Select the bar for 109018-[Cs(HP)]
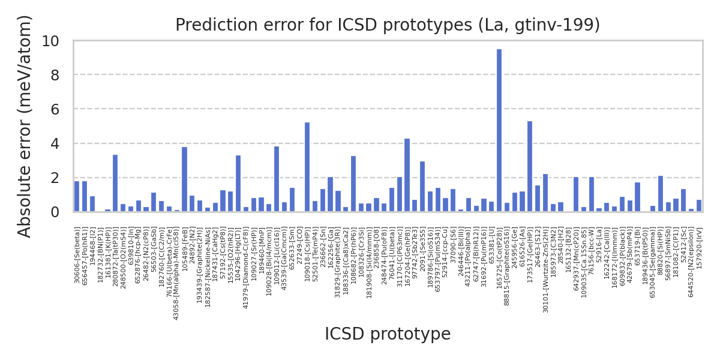(x=307, y=167)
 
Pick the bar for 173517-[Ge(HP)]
(x=530, y=167)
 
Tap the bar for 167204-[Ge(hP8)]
(x=407, y=175)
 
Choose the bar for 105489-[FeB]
(x=184, y=179)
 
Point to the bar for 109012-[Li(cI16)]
(x=277, y=179)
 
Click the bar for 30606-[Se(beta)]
(x=77, y=197)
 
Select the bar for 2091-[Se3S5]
(x=422, y=187)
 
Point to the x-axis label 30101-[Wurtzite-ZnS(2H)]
(x=545, y=270)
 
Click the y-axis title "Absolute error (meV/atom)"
(x=25, y=126)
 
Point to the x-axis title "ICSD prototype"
(x=388, y=334)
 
